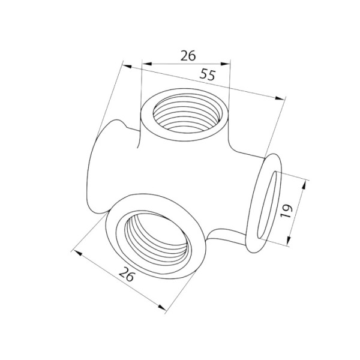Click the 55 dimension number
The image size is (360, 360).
tap(208, 75)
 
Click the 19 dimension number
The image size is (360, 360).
tap(286, 211)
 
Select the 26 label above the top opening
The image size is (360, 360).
tap(188, 56)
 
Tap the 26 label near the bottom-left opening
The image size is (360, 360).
tap(126, 274)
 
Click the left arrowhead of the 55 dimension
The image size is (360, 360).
tap(127, 67)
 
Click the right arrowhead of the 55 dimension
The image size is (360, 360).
tap(280, 98)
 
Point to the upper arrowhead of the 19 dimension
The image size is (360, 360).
tap(304, 184)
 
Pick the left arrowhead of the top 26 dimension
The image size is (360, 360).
tap(147, 64)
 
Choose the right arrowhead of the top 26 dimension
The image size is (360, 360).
tap(225, 64)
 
